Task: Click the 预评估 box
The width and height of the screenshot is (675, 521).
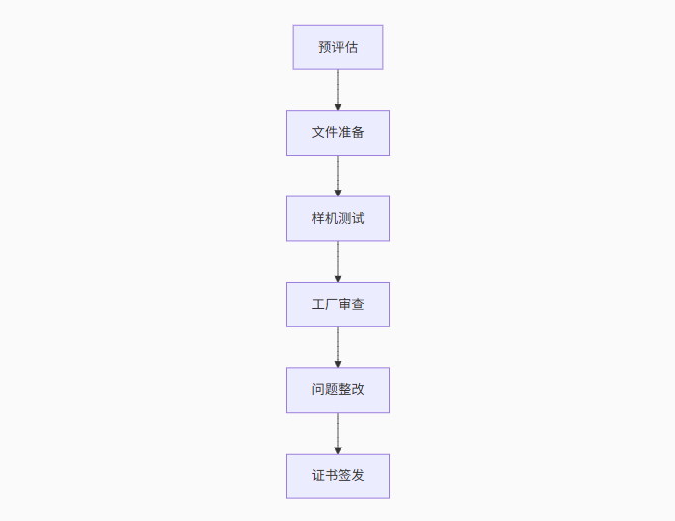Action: tap(338, 48)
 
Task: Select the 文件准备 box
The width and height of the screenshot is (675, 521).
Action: tap(338, 133)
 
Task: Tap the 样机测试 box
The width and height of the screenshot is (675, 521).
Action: tap(338, 218)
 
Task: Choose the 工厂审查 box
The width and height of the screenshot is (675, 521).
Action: tap(338, 305)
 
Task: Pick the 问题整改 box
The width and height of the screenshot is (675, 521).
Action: tap(338, 390)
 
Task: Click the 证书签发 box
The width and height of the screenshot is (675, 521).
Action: tap(338, 475)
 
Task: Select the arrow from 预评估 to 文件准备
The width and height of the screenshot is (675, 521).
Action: tap(338, 89)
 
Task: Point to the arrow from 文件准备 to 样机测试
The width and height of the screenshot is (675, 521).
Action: tap(338, 176)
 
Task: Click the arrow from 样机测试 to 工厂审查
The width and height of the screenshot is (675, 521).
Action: tap(338, 261)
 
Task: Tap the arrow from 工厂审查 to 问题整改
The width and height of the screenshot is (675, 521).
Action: tap(338, 347)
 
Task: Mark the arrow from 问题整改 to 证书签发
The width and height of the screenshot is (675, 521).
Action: tap(338, 433)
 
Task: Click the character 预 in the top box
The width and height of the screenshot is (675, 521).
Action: tap(325, 48)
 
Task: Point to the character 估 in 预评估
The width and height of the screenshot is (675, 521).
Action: tap(351, 48)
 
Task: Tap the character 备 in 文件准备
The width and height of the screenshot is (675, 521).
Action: tap(358, 133)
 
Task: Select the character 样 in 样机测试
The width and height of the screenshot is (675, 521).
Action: tap(318, 218)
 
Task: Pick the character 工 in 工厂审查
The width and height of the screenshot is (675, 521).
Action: tap(318, 305)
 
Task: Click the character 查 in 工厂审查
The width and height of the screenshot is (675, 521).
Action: tap(358, 305)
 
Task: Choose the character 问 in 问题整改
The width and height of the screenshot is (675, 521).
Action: tap(318, 390)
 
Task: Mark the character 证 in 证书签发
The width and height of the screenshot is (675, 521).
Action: tap(318, 475)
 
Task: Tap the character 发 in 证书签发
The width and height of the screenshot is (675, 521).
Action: tap(358, 475)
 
